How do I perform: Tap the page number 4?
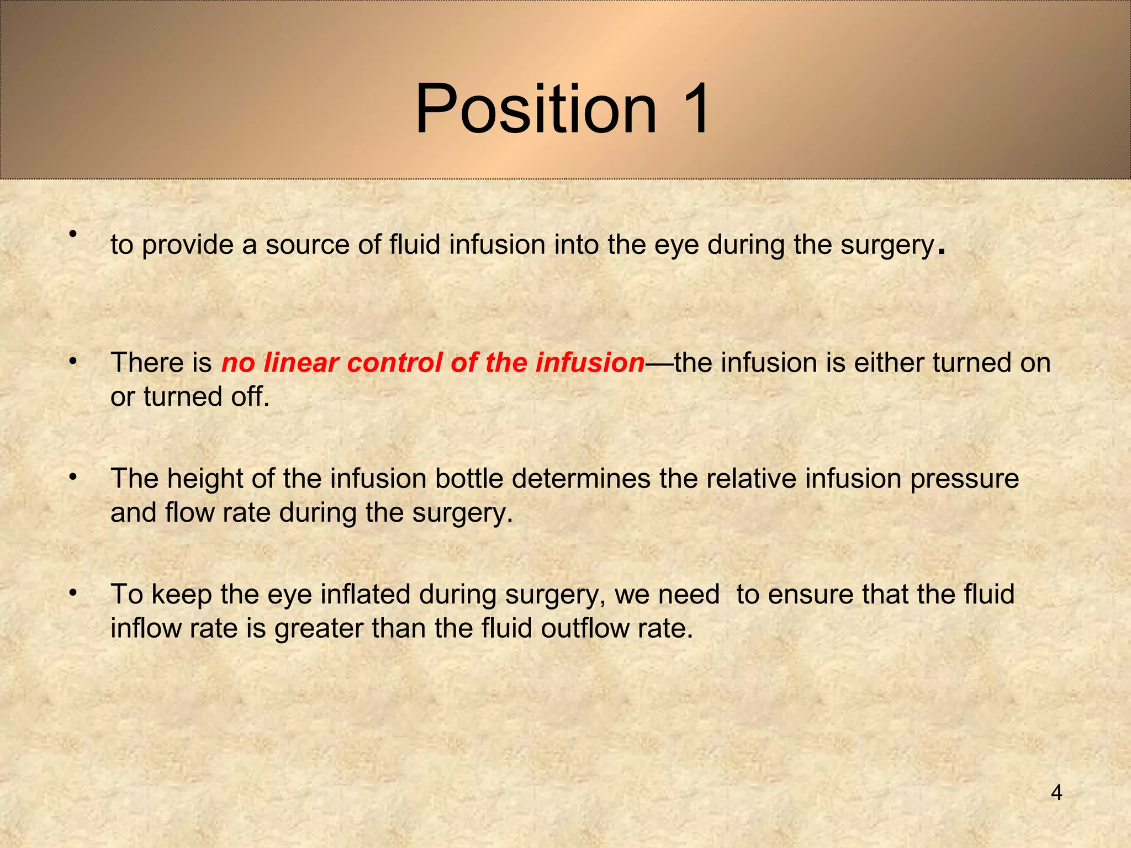[1056, 793]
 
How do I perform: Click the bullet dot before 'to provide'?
[72, 234]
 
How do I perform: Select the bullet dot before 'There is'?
[72, 362]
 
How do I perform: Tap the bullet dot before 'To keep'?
[72, 593]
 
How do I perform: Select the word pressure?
[964, 479]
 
